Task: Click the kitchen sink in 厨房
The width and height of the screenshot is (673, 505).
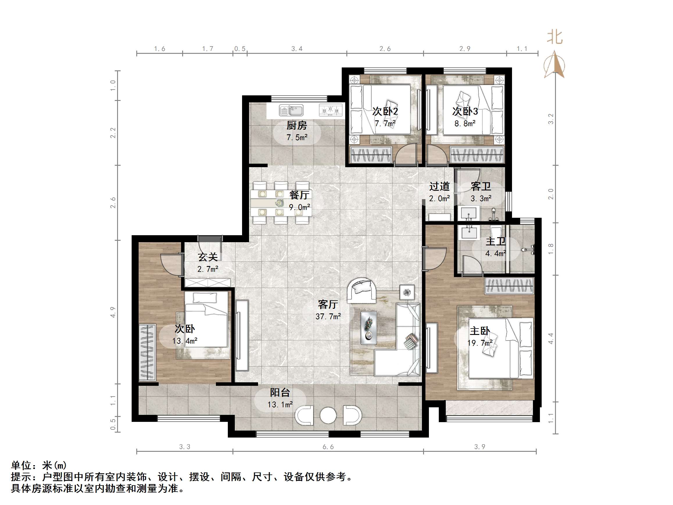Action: tap(291, 110)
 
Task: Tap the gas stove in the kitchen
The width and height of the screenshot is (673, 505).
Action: tap(330, 110)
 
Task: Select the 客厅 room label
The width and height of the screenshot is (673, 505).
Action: tap(328, 304)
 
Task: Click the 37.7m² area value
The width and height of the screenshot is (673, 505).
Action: tap(328, 317)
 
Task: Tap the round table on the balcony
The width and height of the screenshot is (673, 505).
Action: tap(328, 415)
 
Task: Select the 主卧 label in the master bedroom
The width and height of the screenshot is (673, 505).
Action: tap(480, 331)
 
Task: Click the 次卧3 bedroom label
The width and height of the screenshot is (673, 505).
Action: tap(465, 111)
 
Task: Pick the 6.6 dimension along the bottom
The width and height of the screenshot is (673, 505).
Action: tap(328, 447)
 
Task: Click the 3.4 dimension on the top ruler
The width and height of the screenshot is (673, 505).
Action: tap(297, 49)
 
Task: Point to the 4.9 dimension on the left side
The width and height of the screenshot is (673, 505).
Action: tap(113, 312)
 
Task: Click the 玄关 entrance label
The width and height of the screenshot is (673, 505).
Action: tap(208, 257)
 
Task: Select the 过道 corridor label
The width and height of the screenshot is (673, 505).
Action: tap(439, 186)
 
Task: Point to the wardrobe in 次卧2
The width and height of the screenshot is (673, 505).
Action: tap(371, 155)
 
